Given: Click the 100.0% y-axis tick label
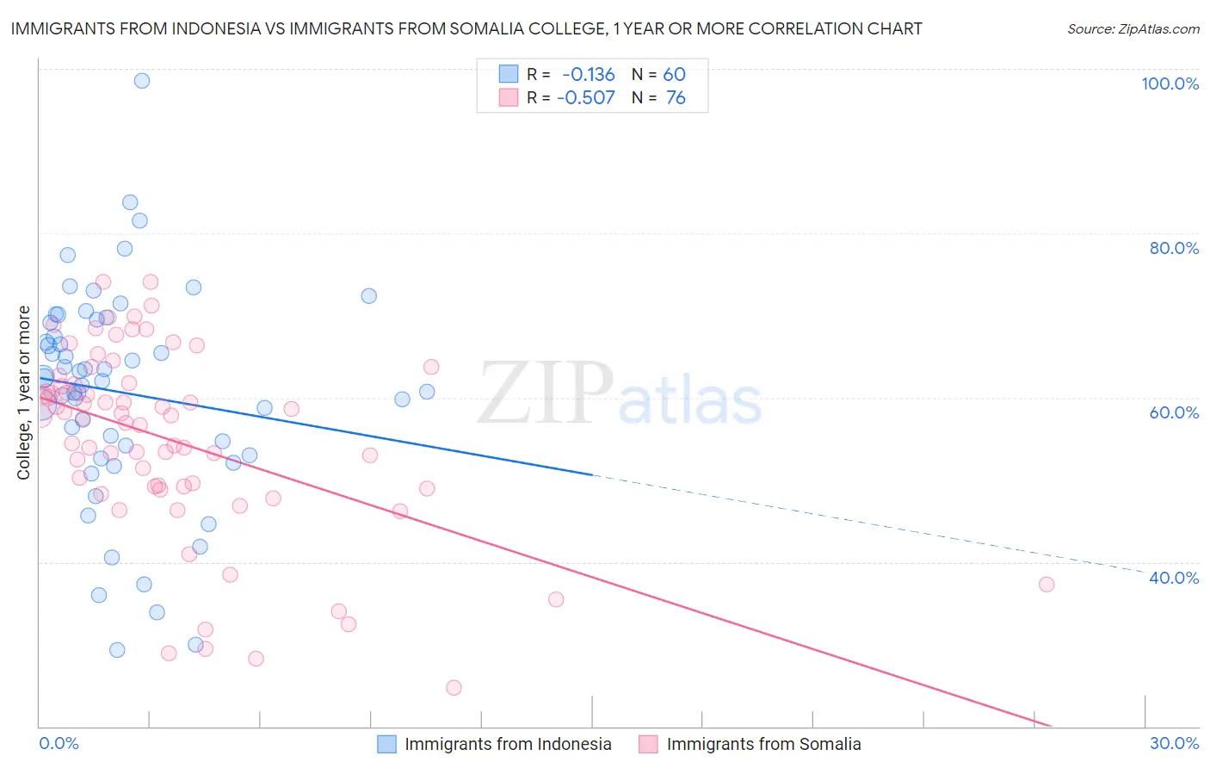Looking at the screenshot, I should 1170,84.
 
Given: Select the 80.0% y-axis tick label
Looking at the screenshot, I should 1174,248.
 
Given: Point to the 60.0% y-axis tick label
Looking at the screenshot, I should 1174,412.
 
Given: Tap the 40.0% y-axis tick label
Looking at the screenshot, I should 1174,578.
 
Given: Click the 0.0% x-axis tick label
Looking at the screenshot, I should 59,743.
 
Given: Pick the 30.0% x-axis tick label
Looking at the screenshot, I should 1174,743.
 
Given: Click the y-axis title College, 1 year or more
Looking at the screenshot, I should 24,393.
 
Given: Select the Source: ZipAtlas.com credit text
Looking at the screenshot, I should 1133,29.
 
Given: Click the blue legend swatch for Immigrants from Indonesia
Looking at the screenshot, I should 387,744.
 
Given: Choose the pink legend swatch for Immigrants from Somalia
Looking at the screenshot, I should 648,744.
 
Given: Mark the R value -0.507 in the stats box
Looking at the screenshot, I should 586,98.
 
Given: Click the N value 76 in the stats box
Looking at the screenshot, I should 676,98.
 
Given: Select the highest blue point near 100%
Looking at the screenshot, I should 142,81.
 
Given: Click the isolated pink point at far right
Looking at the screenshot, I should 1046,585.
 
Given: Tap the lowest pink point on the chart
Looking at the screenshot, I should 454,688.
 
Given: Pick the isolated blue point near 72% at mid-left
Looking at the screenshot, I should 368,296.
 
